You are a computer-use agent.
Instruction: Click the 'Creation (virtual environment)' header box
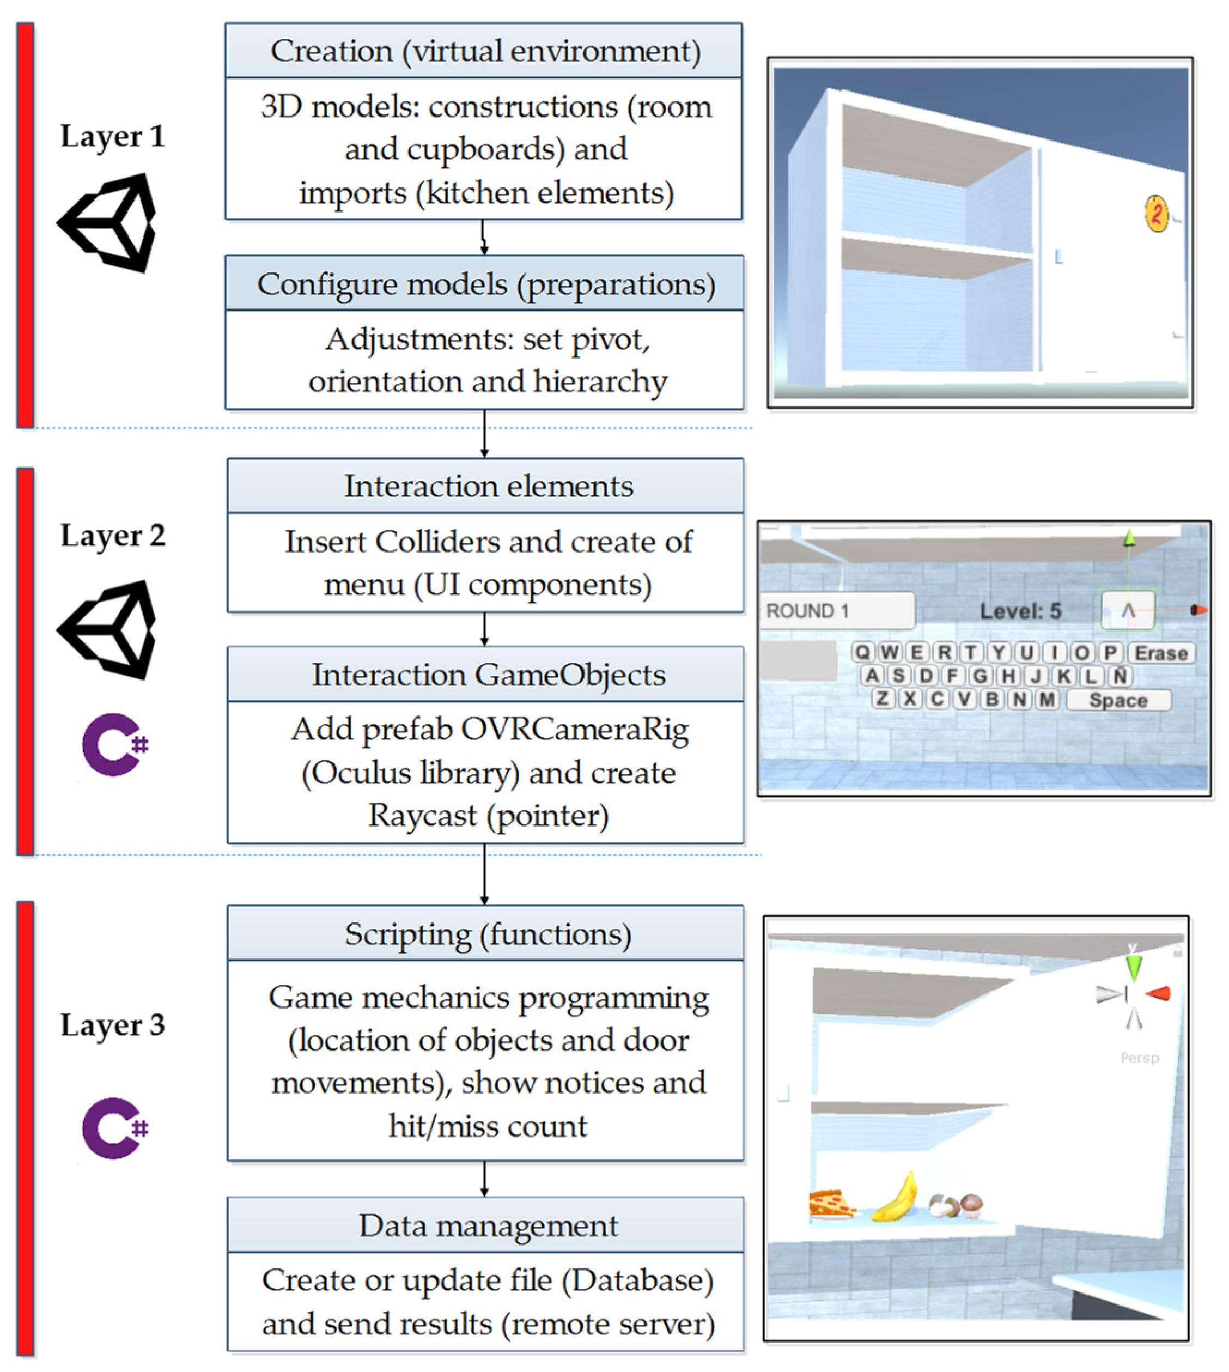pos(484,51)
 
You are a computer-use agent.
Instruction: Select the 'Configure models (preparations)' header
pos(485,284)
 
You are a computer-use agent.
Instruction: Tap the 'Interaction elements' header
pos(486,485)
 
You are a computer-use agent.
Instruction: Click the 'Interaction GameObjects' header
pos(486,674)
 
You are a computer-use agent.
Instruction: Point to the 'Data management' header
pos(486,1225)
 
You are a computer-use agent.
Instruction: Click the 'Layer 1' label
pos(112,136)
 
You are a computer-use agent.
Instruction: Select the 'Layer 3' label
pos(112,1024)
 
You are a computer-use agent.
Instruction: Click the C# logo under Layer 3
pos(113,1128)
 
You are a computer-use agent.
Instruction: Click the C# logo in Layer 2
pos(113,744)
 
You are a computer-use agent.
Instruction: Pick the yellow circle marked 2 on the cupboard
pos(1155,214)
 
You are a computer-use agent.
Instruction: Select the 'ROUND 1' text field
pos(837,611)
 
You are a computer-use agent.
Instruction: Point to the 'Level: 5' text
pos(1020,611)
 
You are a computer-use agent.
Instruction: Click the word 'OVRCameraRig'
pos(574,730)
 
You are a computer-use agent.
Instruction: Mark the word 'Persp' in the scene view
pos(1139,1058)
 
